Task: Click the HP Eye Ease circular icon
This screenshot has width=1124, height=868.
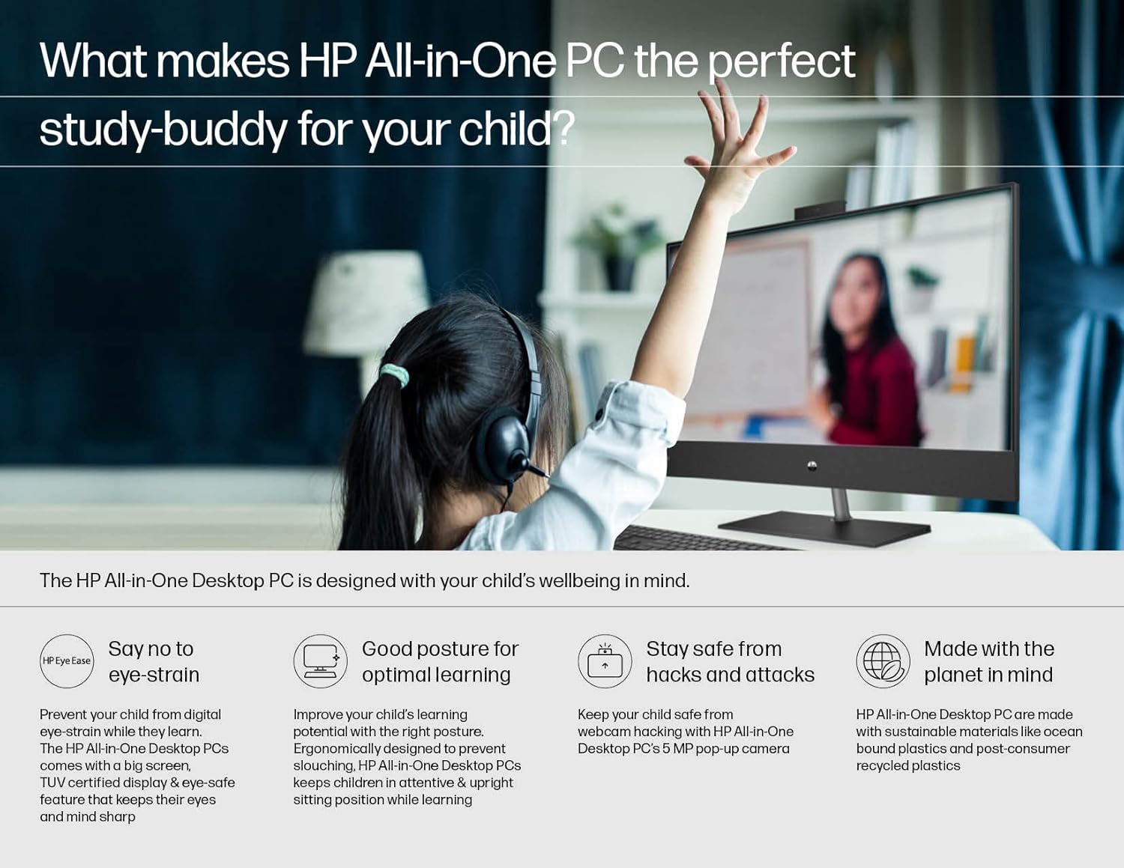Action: coord(67,661)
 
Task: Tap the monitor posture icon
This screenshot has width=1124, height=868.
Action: coord(320,661)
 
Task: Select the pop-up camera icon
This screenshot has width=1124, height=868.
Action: coord(605,661)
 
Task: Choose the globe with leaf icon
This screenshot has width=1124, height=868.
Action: coord(883,661)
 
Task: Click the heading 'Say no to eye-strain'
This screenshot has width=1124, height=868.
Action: coord(154,661)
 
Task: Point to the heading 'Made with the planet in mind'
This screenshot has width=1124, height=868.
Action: coord(988,661)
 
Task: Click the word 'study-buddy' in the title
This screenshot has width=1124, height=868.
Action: coord(163,130)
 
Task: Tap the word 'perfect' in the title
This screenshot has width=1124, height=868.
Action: coord(781,61)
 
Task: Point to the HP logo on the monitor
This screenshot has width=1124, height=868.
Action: coord(812,466)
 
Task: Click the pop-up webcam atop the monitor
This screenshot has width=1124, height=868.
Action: coord(820,207)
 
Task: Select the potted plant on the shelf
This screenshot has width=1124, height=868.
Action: coord(617,247)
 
